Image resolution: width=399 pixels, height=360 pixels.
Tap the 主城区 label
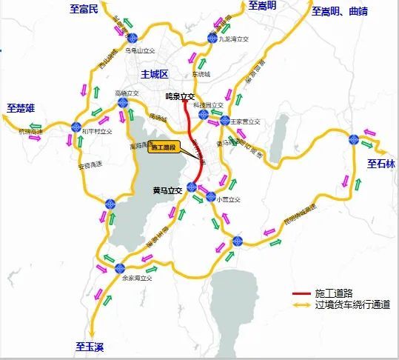155,73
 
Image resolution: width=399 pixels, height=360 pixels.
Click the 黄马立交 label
167,190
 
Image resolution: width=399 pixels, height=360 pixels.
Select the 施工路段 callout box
164,147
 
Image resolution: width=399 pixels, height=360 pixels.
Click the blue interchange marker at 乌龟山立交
132,39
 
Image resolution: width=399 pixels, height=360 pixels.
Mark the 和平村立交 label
98,131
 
